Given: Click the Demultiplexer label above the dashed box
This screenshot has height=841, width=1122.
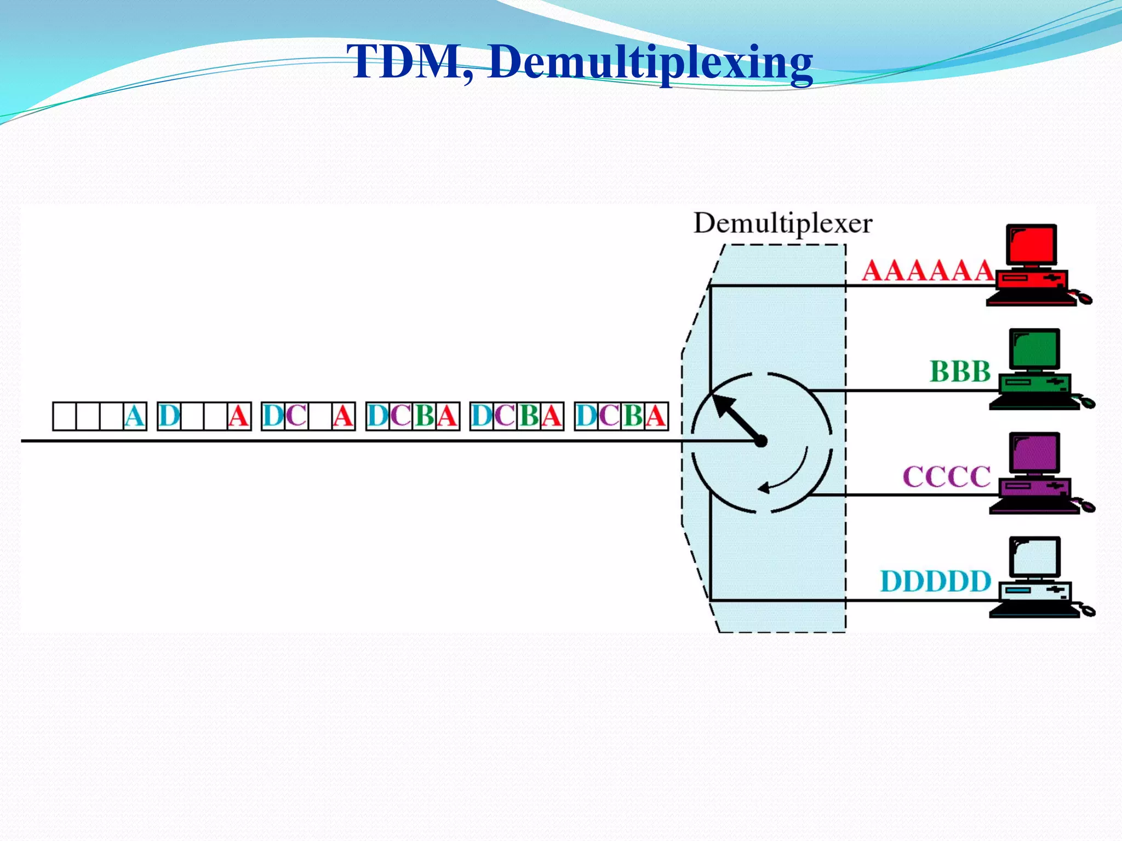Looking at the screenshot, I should pyautogui.click(x=782, y=223).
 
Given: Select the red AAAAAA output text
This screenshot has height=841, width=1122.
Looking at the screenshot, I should pyautogui.click(x=928, y=270).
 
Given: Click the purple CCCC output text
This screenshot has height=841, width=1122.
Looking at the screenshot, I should pyautogui.click(x=947, y=476).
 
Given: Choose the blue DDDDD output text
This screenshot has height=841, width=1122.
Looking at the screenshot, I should pyautogui.click(x=936, y=581).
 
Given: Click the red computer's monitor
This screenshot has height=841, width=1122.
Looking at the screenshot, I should pyautogui.click(x=1032, y=245).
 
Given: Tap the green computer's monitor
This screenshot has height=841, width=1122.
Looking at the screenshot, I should pyautogui.click(x=1035, y=349).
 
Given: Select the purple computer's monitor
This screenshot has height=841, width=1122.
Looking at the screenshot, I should pyautogui.click(x=1035, y=453).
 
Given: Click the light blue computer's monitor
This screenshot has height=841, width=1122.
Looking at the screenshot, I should pyautogui.click(x=1035, y=557).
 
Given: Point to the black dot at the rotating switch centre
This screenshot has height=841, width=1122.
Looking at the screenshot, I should pyautogui.click(x=761, y=441).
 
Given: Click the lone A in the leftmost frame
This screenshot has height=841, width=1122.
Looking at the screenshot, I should pyautogui.click(x=135, y=417).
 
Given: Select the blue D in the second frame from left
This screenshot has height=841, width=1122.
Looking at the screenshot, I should pyautogui.click(x=169, y=417).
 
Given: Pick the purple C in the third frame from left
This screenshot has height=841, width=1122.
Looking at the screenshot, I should pyautogui.click(x=296, y=417).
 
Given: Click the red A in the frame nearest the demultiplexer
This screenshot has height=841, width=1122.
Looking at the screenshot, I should pyautogui.click(x=656, y=417).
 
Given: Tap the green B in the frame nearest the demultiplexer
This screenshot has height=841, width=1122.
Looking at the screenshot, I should pyautogui.click(x=633, y=417).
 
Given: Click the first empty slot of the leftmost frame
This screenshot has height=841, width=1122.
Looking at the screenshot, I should pyautogui.click(x=65, y=417).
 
